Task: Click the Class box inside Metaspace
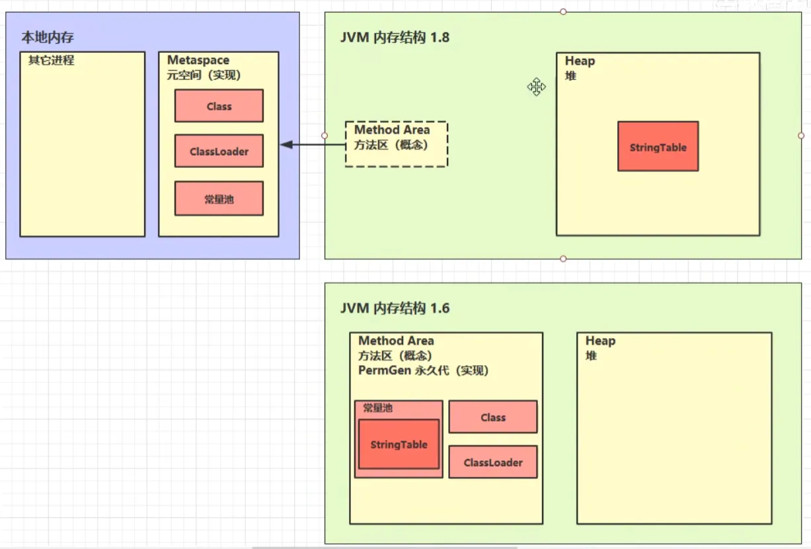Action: pyautogui.click(x=219, y=106)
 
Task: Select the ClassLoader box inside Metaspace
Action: pyautogui.click(x=219, y=151)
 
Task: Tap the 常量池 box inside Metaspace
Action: pyautogui.click(x=219, y=198)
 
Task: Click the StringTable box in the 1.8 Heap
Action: pyautogui.click(x=658, y=146)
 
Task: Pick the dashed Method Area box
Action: pyautogui.click(x=397, y=144)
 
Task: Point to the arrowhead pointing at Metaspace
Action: pyautogui.click(x=287, y=145)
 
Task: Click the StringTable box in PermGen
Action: pyautogui.click(x=399, y=444)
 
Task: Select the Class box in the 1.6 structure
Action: pyautogui.click(x=493, y=417)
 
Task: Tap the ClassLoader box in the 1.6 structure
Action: pyautogui.click(x=493, y=462)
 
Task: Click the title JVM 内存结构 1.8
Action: pyautogui.click(x=395, y=37)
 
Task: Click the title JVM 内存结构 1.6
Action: pyautogui.click(x=395, y=308)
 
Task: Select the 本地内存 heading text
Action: pyautogui.click(x=48, y=37)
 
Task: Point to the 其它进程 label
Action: pyautogui.click(x=52, y=60)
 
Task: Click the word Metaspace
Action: pyautogui.click(x=198, y=60)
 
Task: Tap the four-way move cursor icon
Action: pyautogui.click(x=537, y=87)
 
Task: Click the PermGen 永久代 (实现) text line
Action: pyautogui.click(x=424, y=370)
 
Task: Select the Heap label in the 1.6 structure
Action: pyautogui.click(x=601, y=341)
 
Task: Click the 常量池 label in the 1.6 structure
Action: pyautogui.click(x=378, y=408)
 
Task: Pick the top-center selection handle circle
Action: pyautogui.click(x=563, y=12)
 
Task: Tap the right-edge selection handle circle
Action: pyautogui.click(x=801, y=136)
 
